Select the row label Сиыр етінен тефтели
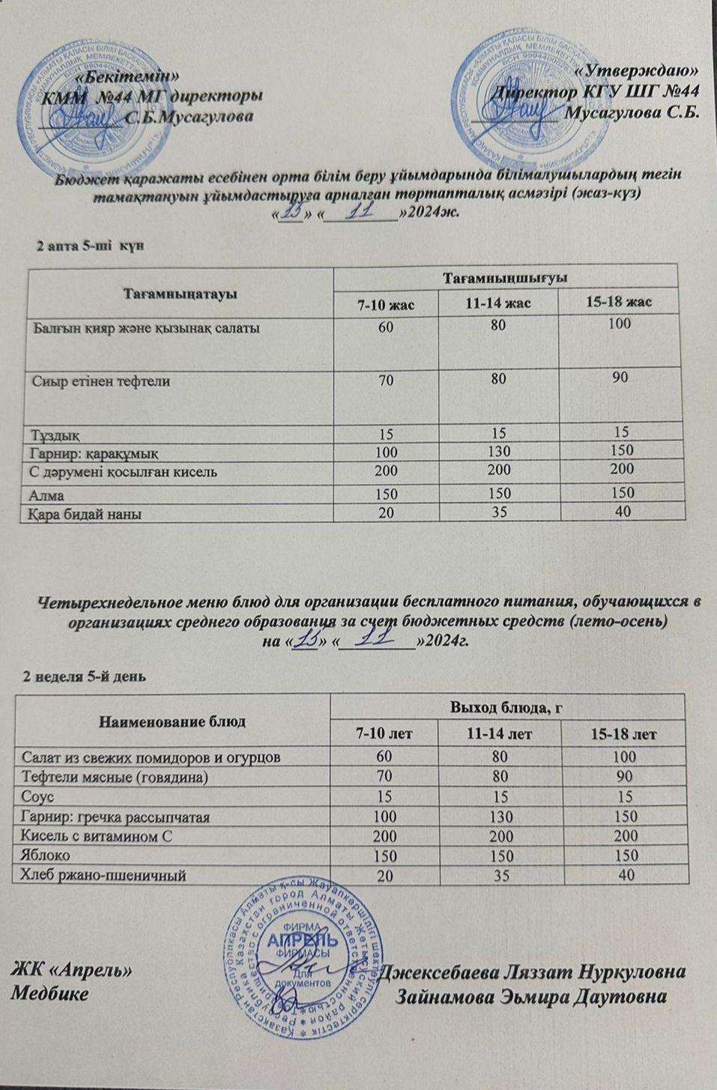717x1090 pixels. [x=101, y=381]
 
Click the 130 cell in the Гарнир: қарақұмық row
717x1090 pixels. [x=497, y=452]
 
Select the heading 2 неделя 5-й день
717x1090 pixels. [x=84, y=676]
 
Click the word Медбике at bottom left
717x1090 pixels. [x=49, y=994]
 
